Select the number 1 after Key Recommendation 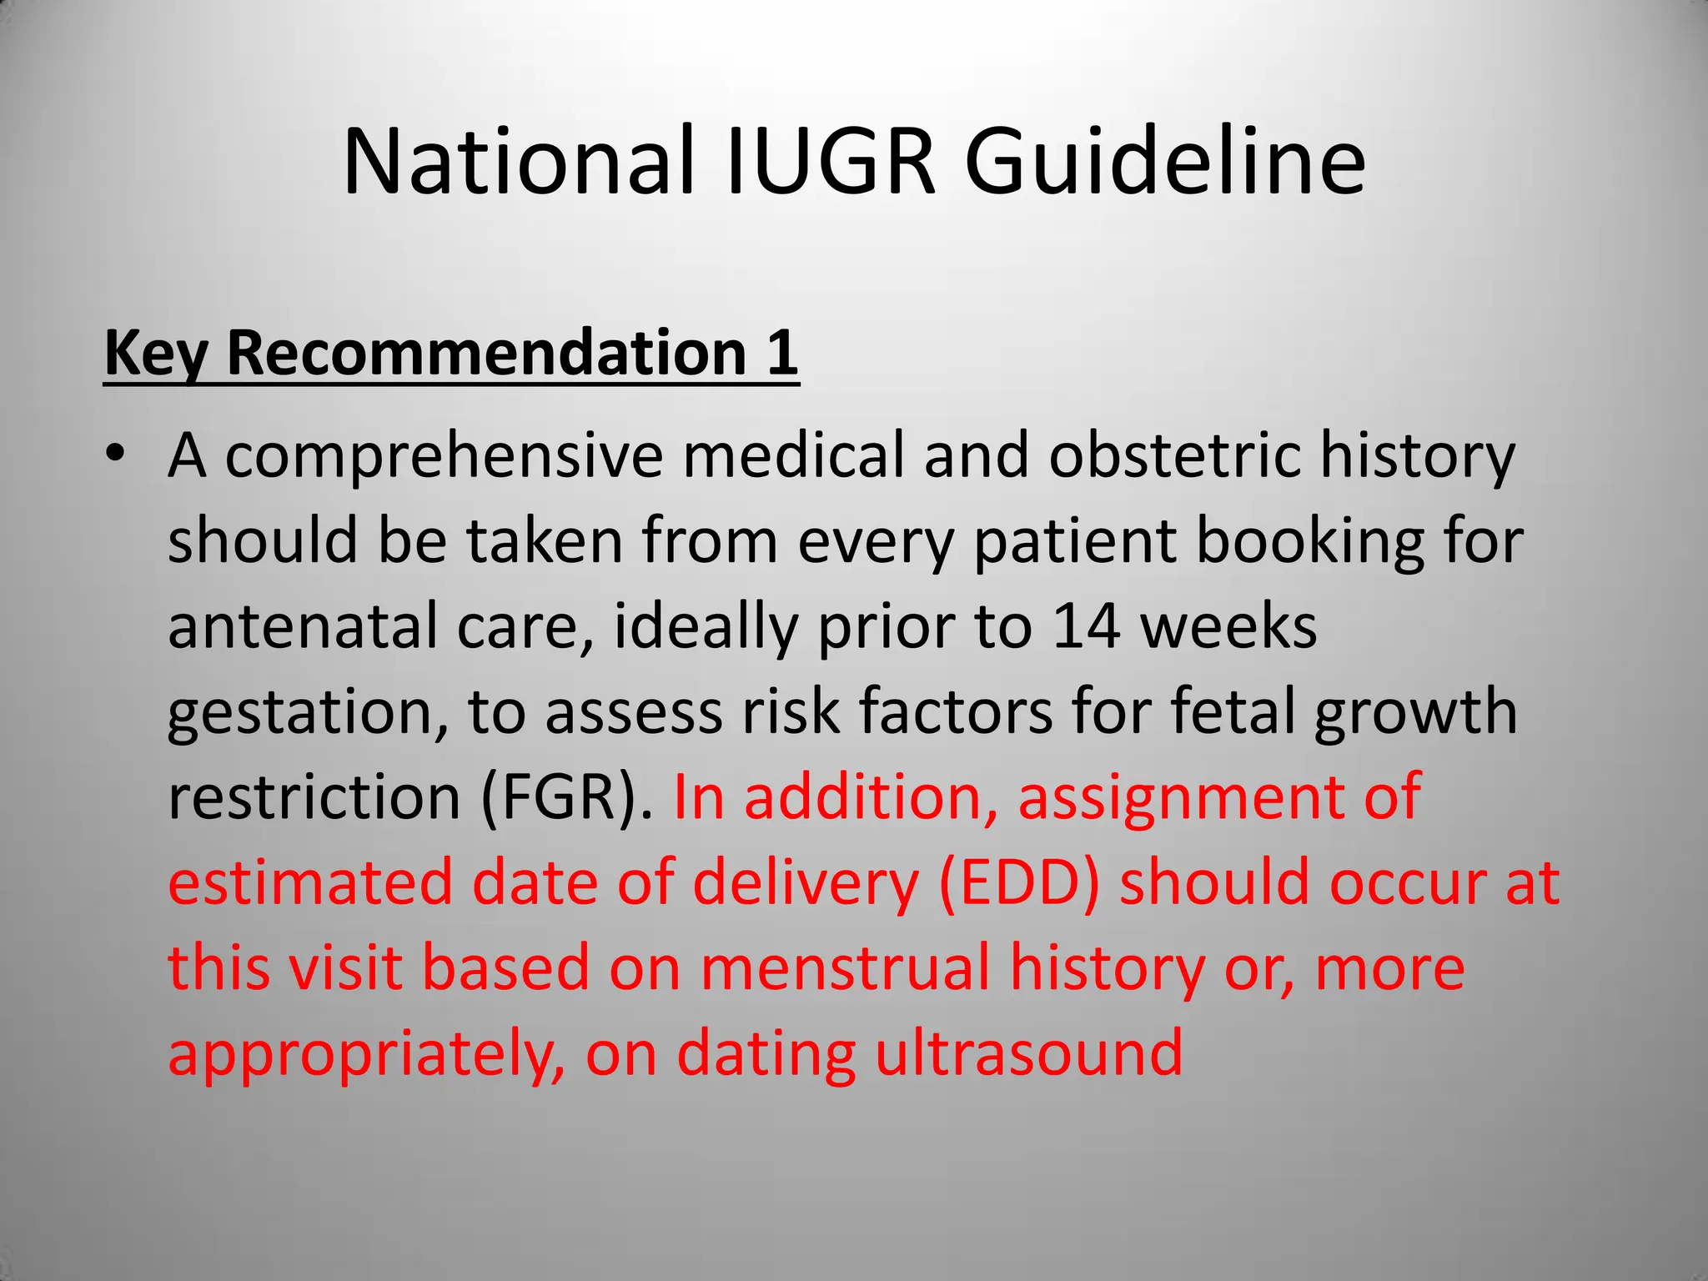pos(781,353)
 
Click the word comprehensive pos(444,457)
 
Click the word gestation pos(300,714)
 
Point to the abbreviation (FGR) pos(567,798)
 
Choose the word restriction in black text pos(314,798)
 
